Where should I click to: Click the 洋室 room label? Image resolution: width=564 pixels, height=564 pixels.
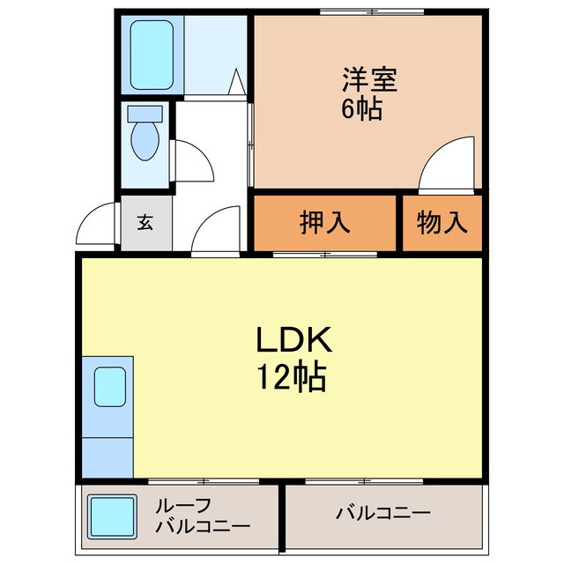pos(369,79)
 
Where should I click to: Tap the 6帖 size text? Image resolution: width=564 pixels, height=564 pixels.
pos(362,110)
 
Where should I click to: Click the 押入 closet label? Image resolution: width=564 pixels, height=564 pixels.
pos(324,223)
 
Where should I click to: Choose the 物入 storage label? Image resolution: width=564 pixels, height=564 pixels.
pos(442,223)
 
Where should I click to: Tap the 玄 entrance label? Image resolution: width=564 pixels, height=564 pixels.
pos(145,223)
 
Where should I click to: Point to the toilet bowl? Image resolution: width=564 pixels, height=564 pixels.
pos(145,139)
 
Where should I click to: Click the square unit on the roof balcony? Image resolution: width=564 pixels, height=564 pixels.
pos(111,517)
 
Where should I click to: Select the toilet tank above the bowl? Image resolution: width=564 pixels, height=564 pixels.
pos(145,114)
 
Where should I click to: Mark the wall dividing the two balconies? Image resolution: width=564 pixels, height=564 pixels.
pos(282,517)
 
